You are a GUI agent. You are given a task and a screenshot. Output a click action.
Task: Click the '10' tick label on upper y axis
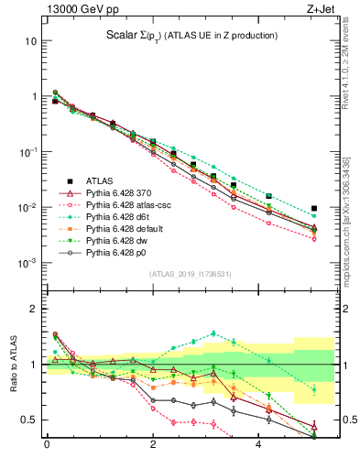click(x=30, y=42)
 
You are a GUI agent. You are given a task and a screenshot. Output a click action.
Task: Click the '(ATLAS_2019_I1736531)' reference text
click(x=190, y=274)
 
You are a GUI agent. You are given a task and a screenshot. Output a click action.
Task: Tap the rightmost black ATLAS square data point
click(x=314, y=209)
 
